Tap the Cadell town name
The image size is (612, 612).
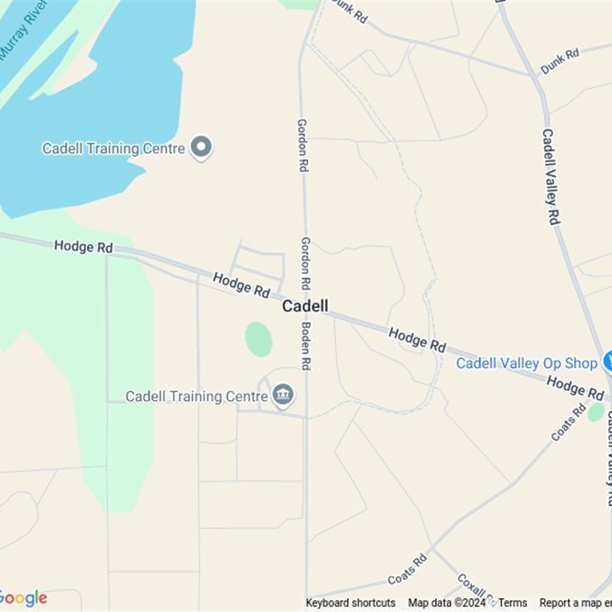pyautogui.click(x=305, y=306)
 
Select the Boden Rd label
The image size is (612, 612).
pyautogui.click(x=305, y=345)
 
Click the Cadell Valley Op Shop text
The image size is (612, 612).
pyautogui.click(x=526, y=363)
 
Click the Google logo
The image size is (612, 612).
pyautogui.click(x=23, y=598)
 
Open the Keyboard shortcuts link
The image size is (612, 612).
pyautogui.click(x=350, y=603)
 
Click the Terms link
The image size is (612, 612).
pyautogui.click(x=513, y=603)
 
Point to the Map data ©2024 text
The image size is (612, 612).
pyautogui.click(x=447, y=603)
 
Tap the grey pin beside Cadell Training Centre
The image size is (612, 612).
pyautogui.click(x=201, y=147)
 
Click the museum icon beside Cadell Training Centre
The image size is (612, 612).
pyautogui.click(x=283, y=395)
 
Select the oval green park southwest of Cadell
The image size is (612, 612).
pyautogui.click(x=259, y=339)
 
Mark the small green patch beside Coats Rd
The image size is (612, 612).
pyautogui.click(x=596, y=412)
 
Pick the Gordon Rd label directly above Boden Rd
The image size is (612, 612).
pyautogui.click(x=305, y=262)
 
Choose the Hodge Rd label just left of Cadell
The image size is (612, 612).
pyautogui.click(x=242, y=285)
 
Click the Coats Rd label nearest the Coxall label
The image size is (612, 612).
pyautogui.click(x=407, y=570)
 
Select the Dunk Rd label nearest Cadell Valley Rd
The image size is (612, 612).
pyautogui.click(x=560, y=62)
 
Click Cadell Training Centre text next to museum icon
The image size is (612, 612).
pyautogui.click(x=197, y=396)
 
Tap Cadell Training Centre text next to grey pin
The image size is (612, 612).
pyautogui.click(x=114, y=148)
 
